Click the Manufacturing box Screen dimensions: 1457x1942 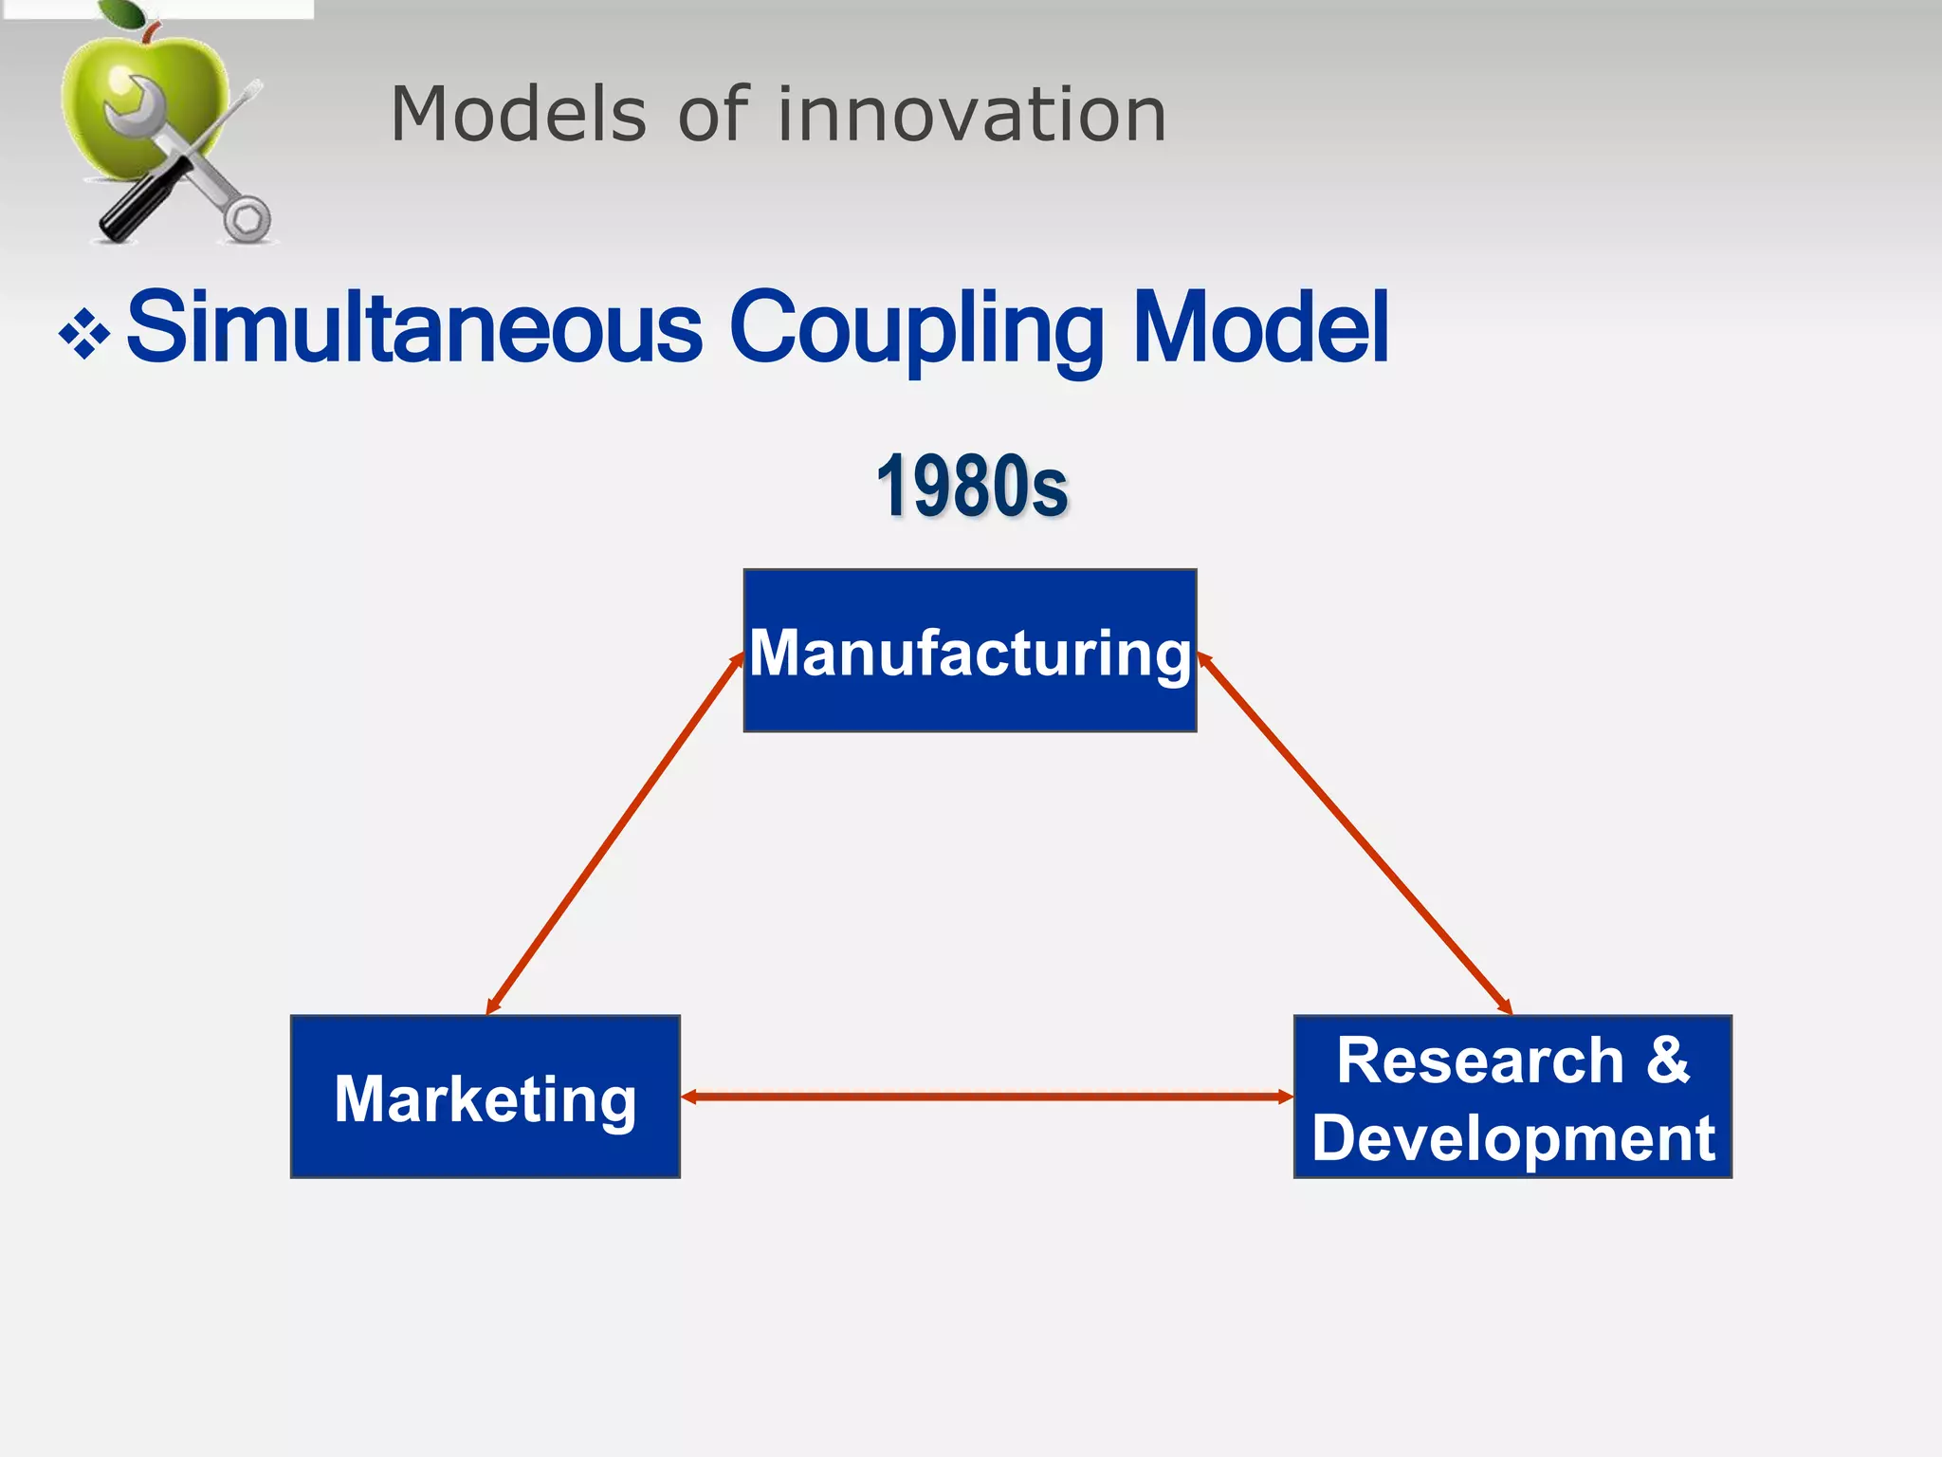coord(969,651)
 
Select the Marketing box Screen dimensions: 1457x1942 coord(485,1097)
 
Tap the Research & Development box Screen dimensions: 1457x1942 coord(1512,1097)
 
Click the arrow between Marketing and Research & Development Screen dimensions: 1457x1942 coord(986,1097)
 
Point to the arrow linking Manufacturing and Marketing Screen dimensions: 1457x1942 coord(614,833)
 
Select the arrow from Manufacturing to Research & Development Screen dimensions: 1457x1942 coord(1354,833)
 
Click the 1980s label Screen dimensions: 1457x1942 coord(972,486)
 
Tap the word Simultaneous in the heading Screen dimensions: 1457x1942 coord(414,328)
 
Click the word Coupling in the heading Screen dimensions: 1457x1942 coord(916,328)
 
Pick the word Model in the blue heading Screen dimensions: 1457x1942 coord(1260,328)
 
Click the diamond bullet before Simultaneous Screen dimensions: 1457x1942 coord(84,334)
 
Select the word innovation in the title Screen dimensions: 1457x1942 coord(972,114)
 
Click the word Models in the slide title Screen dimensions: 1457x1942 coord(519,114)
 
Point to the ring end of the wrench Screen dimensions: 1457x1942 coord(247,219)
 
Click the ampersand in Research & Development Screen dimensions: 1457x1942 coord(1667,1060)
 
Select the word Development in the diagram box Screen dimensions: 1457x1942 coord(1512,1137)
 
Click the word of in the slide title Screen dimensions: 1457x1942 coord(713,114)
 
